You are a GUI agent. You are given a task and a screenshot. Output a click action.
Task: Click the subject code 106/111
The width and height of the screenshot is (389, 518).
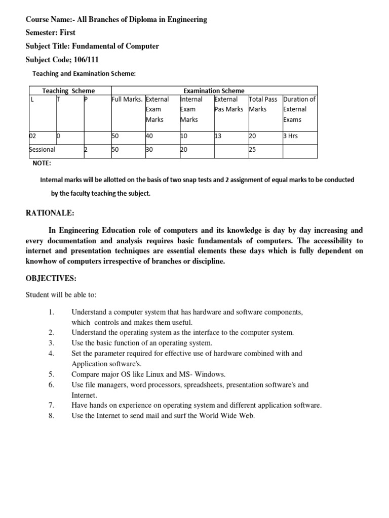click(x=88, y=59)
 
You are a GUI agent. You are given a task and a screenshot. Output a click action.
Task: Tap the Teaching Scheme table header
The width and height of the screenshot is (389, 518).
click(x=68, y=91)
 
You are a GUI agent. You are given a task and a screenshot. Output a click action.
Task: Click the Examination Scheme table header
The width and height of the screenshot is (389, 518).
click(x=213, y=91)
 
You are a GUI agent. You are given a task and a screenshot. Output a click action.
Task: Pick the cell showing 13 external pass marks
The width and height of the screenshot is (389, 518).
click(x=219, y=136)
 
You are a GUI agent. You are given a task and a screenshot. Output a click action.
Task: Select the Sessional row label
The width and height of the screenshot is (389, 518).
click(x=43, y=150)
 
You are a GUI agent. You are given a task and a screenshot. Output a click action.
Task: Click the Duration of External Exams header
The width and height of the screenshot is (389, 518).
click(x=299, y=109)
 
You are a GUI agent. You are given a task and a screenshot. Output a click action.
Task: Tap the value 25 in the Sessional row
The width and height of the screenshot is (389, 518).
click(x=253, y=150)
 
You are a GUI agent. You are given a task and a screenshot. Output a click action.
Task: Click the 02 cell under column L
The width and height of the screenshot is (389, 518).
click(x=33, y=136)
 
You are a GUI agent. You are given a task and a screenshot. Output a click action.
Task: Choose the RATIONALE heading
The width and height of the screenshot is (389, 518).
click(x=50, y=213)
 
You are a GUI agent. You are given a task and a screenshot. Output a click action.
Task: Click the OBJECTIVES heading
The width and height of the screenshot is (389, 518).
click(x=51, y=279)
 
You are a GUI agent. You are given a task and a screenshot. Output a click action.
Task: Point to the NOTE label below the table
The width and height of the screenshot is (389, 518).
click(x=42, y=163)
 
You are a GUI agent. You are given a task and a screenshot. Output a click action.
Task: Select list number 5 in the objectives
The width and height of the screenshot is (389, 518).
click(x=51, y=374)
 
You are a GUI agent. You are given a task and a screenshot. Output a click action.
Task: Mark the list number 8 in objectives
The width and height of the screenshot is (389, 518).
click(x=51, y=416)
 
